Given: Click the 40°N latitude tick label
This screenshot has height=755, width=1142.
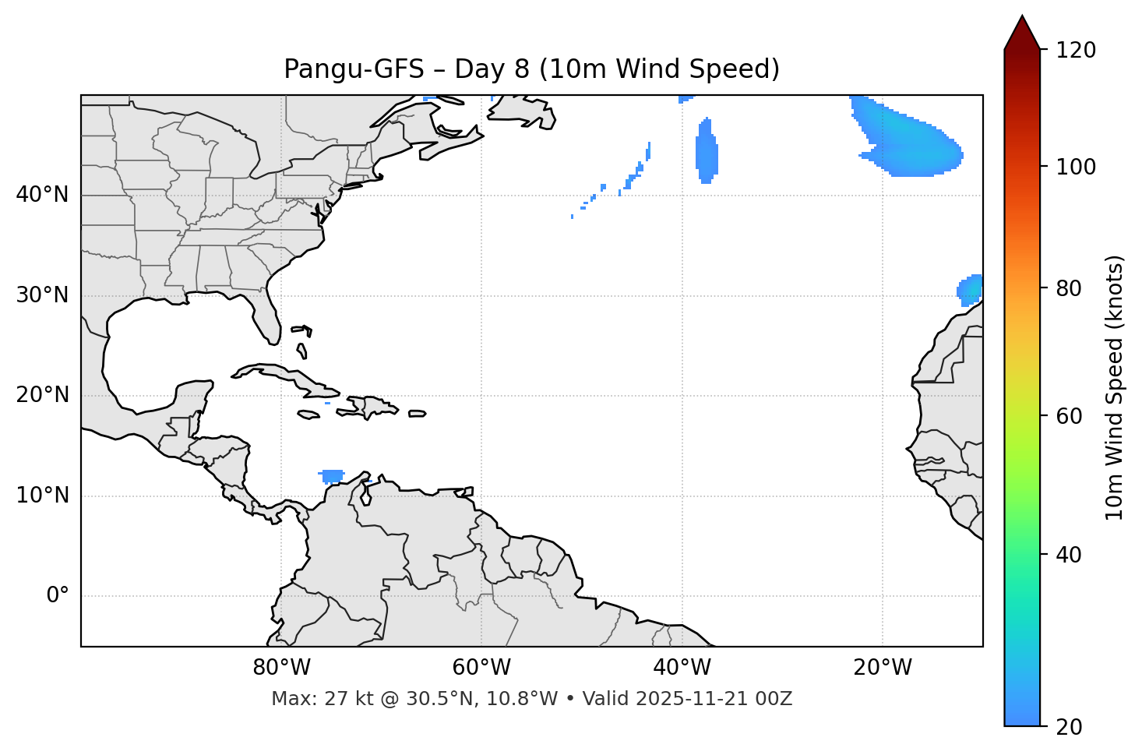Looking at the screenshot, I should coord(42,195).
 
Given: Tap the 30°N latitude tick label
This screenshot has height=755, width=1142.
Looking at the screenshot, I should coord(42,295).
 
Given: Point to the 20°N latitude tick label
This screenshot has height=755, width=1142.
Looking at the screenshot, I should coord(42,395).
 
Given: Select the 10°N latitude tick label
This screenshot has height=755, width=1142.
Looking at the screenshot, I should coord(42,496).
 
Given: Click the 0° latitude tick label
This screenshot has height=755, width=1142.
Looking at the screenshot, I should coord(58,596).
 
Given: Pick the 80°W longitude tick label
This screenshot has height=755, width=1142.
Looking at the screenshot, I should coord(281,668).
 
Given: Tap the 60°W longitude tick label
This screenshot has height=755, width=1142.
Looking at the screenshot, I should coord(481,668).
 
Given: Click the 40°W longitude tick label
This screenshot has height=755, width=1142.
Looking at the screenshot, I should coord(682,668).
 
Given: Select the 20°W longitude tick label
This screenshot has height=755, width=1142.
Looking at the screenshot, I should coord(883,668).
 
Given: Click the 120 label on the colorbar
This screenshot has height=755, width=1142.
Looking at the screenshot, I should coord(1076,51).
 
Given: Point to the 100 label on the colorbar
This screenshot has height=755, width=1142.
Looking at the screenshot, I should coord(1076,167).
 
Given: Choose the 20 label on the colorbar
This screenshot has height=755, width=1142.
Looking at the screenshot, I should coord(1070,727).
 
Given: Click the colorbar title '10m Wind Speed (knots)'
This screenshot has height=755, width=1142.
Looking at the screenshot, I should coord(1115,387).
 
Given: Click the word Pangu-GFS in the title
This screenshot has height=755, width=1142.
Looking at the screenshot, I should coord(354,69).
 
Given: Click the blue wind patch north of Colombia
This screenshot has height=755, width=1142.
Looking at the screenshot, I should coord(332,475).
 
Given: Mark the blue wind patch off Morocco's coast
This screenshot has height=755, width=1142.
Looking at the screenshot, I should coord(971,290).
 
